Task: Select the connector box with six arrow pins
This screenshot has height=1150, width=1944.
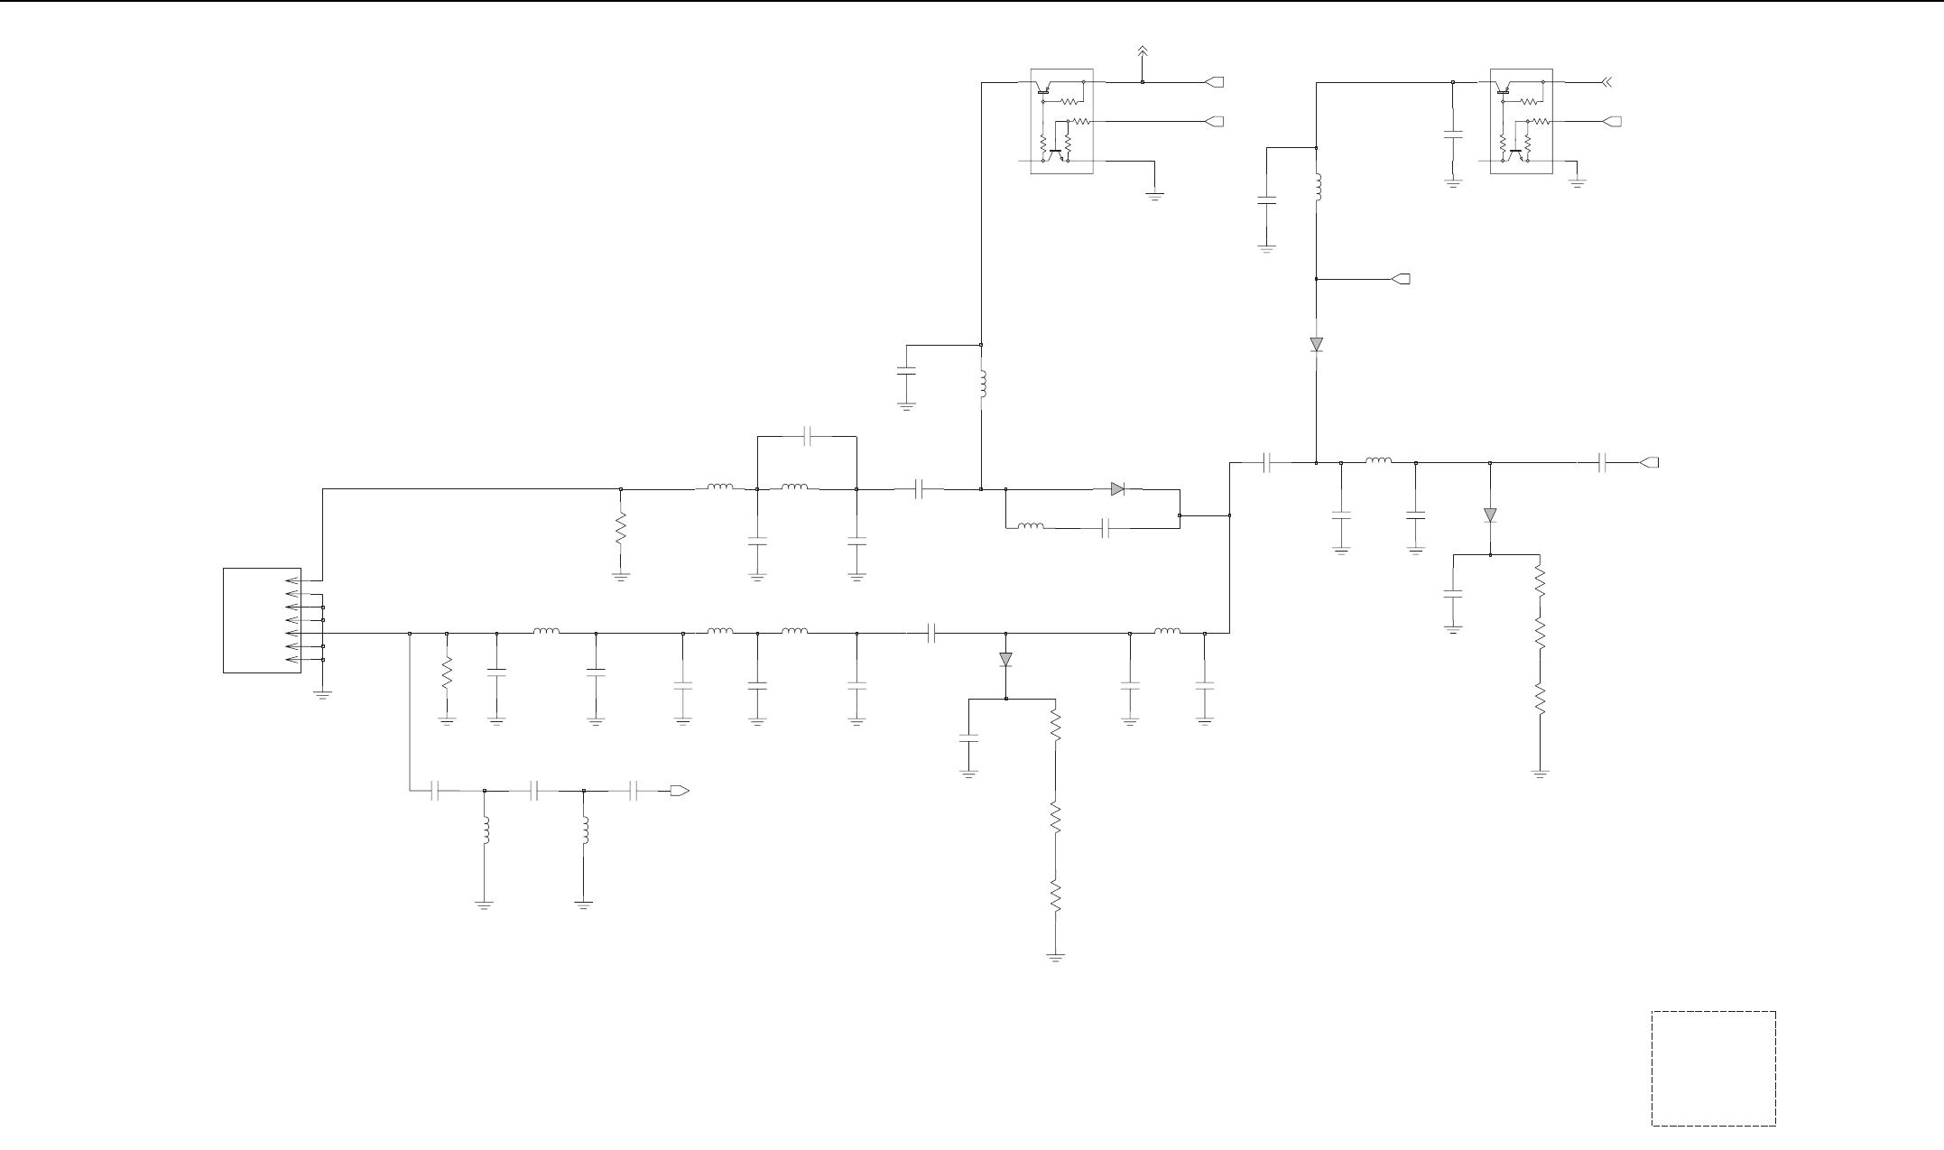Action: [x=262, y=620]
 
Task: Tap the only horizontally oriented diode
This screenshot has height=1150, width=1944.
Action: [x=1117, y=489]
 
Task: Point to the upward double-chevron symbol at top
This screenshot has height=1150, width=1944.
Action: [x=1142, y=51]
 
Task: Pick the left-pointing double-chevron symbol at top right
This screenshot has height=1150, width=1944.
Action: [x=1606, y=83]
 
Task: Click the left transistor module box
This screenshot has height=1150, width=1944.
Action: [x=1061, y=121]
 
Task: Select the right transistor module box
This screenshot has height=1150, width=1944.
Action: [x=1521, y=121]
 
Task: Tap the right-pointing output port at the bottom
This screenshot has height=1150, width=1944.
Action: [x=680, y=792]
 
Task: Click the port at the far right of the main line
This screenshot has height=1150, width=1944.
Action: [x=1648, y=463]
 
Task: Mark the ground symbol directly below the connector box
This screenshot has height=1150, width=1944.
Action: [x=322, y=694]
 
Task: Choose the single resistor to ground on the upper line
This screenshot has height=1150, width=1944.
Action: [x=620, y=530]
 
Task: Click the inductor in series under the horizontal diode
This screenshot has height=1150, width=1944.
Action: [x=1030, y=526]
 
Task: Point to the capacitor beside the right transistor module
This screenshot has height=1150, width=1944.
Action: [x=1453, y=135]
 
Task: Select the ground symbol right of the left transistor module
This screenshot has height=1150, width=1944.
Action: [x=1155, y=194]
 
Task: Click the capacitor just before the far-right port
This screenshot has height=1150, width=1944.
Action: [x=1603, y=463]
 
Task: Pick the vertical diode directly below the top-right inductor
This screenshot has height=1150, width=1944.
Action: [x=1317, y=344]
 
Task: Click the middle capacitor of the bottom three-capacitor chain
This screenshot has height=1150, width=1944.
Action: [x=534, y=792]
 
